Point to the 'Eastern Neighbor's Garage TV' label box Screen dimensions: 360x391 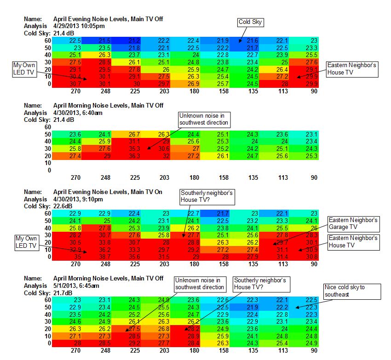click(353, 223)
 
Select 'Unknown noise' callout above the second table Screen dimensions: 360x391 click(204, 120)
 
